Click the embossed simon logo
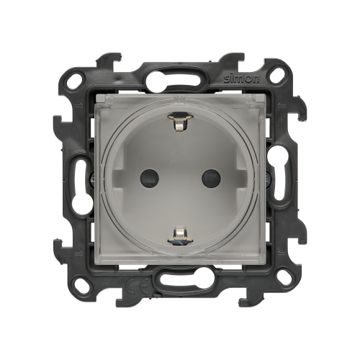tap(242, 78)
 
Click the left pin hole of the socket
tap(149, 179)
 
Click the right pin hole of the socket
tap(211, 179)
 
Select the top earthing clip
tap(180, 122)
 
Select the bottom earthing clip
tap(180, 235)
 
